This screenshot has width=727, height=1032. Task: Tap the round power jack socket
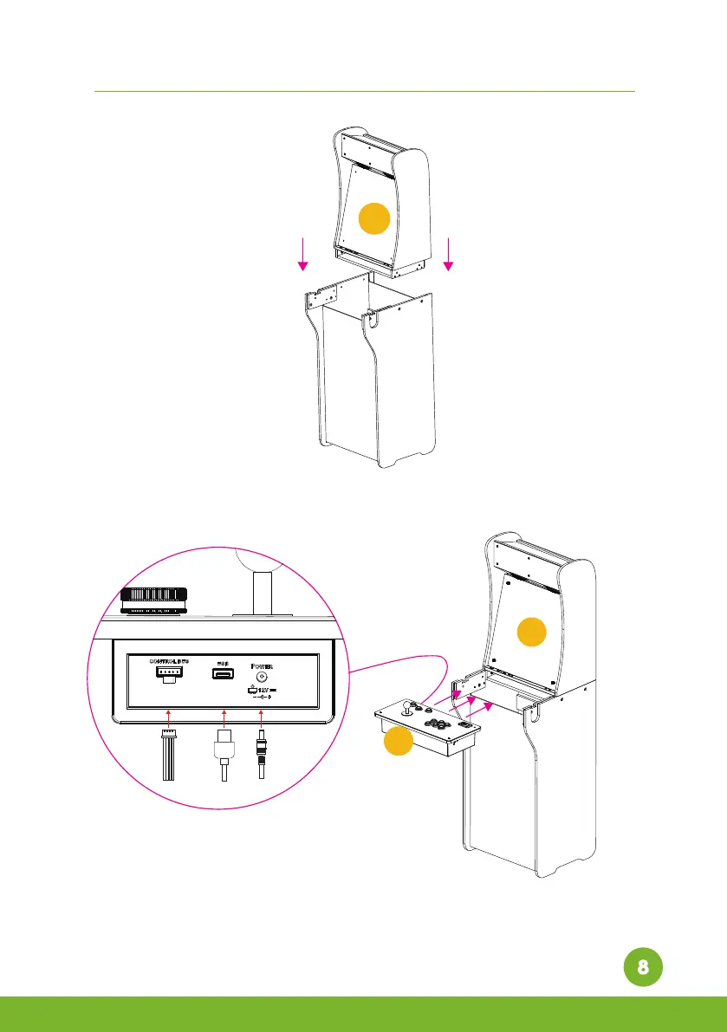[x=256, y=675]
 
